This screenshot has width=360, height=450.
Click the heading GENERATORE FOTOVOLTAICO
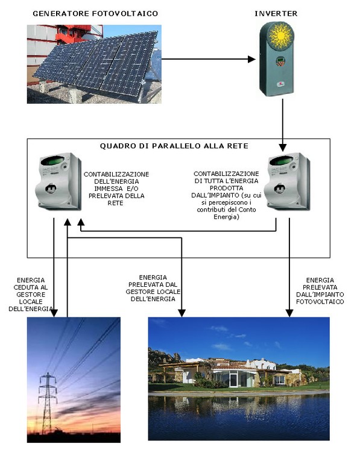(x=95, y=13)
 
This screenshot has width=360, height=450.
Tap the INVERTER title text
(x=276, y=13)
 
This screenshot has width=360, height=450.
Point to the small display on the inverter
(x=280, y=61)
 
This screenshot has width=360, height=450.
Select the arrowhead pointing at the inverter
(x=251, y=59)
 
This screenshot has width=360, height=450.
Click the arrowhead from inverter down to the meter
(x=283, y=148)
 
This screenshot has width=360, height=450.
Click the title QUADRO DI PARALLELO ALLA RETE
(x=174, y=146)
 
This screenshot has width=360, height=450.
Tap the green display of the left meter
(x=52, y=161)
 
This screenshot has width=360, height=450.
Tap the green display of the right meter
(x=281, y=161)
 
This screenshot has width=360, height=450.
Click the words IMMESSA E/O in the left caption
(x=116, y=189)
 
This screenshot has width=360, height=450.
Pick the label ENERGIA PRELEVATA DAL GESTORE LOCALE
(x=153, y=288)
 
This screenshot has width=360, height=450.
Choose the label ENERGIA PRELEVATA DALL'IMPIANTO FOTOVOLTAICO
(x=320, y=291)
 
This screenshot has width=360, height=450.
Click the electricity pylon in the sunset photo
(x=48, y=403)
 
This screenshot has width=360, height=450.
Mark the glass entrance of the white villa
(x=233, y=378)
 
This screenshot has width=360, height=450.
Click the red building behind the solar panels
(x=71, y=34)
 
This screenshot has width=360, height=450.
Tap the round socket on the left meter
(x=51, y=189)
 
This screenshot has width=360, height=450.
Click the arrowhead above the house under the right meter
(x=289, y=313)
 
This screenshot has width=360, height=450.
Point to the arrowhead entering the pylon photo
(x=54, y=313)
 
